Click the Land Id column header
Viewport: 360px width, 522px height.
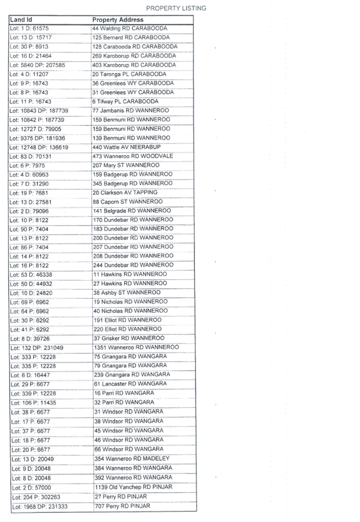tap(21, 19)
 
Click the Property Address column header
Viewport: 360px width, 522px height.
tap(118, 20)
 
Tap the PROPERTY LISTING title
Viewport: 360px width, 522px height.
tap(176, 8)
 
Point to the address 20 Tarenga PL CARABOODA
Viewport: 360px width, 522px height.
tap(130, 74)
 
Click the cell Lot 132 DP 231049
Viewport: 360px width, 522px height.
tap(38, 347)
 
